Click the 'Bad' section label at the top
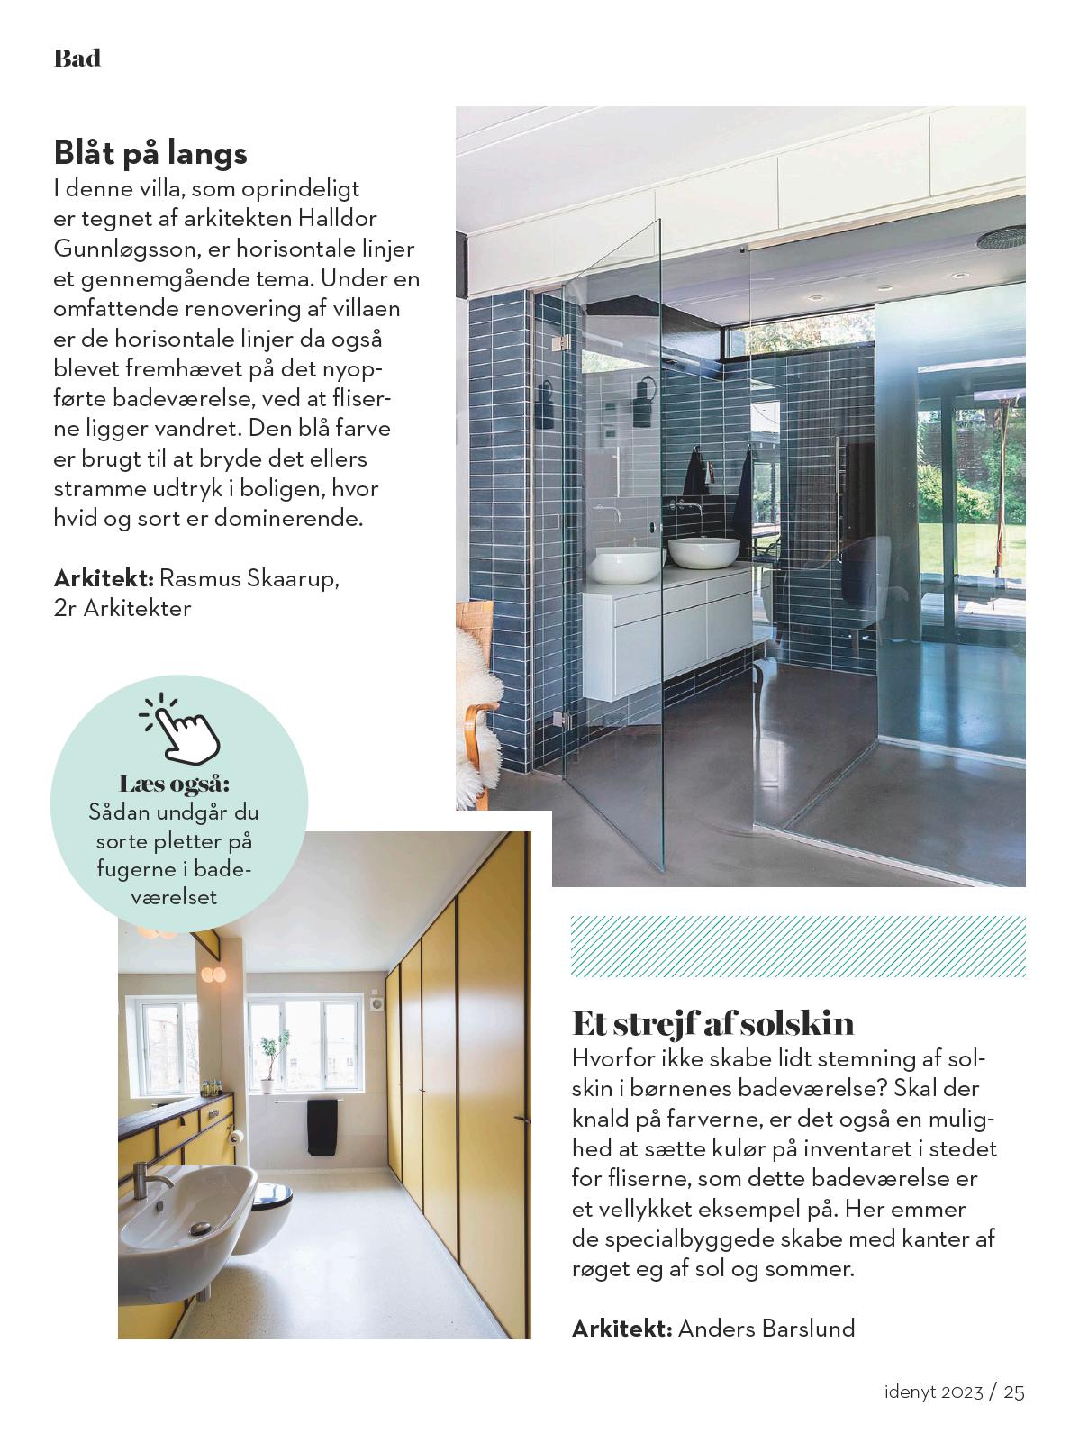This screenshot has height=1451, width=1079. coord(77,59)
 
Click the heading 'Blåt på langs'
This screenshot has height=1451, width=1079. coord(150,152)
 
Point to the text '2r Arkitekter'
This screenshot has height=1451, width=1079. coord(122,608)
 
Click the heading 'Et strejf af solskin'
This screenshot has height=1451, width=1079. coord(713,1023)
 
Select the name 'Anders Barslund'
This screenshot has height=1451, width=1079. coord(766,1328)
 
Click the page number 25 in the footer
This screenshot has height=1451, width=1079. coord(1014,1392)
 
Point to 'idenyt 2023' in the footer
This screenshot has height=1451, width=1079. coord(933,1392)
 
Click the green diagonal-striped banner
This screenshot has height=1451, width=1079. coord(798,947)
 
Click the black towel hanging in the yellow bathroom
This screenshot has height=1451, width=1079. coord(322,1127)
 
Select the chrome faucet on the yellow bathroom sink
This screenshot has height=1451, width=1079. coord(149,1179)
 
